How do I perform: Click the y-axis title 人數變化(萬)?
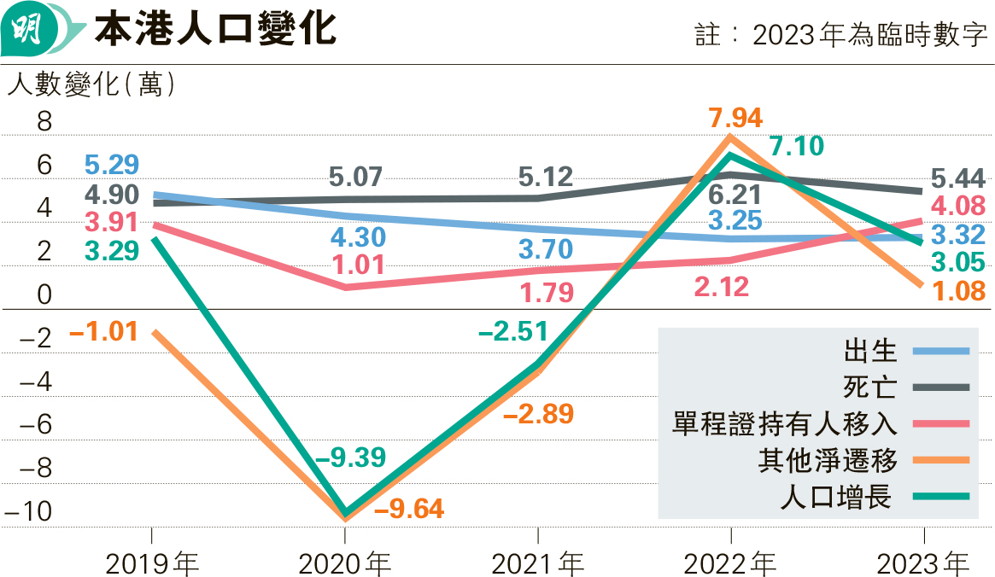[91, 85]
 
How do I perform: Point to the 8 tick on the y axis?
[44, 122]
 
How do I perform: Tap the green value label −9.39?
[350, 457]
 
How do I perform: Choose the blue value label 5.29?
[111, 165]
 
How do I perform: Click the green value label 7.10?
[796, 146]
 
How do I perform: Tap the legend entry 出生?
[869, 350]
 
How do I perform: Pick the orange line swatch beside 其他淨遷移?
[940, 460]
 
